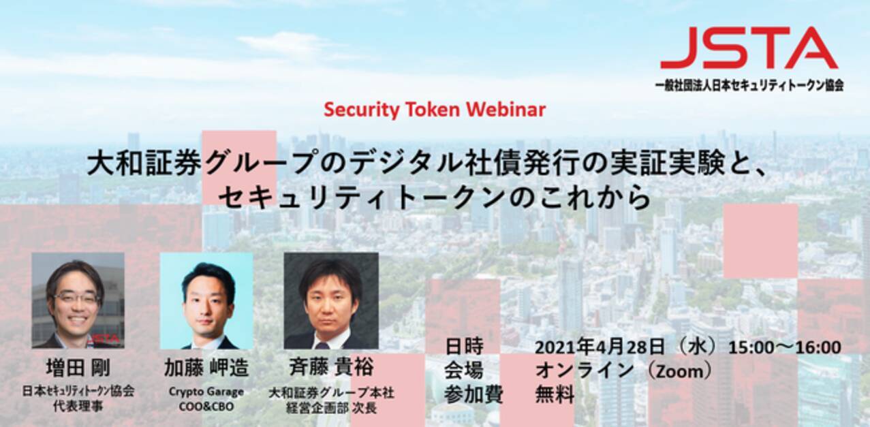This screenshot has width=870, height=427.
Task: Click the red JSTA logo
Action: point(748,48)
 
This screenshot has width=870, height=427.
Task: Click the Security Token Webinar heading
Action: point(435,109)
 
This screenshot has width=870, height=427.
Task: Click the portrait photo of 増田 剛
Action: point(78,300)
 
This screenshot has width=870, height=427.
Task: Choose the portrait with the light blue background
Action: point(206,300)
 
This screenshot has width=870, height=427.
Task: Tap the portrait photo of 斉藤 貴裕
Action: point(330,300)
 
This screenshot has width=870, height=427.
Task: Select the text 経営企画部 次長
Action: point(331,408)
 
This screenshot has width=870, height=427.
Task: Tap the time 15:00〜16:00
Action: point(785,347)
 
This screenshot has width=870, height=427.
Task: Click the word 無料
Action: point(555,394)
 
